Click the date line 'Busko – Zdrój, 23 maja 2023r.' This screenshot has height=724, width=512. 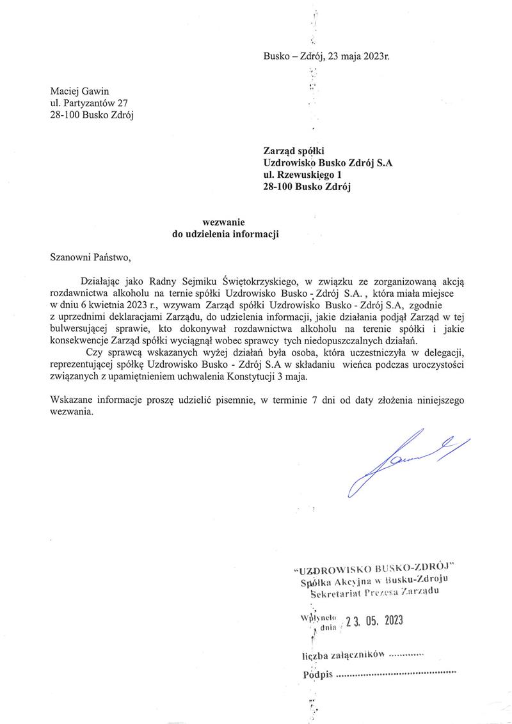click(326, 56)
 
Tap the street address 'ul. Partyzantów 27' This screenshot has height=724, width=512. click(89, 104)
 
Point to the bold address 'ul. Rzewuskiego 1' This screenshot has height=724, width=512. click(303, 175)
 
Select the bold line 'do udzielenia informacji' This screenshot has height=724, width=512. click(227, 234)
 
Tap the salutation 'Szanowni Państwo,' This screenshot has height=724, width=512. click(90, 258)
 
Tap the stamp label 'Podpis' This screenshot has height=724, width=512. click(317, 675)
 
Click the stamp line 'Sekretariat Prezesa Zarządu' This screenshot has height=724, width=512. click(374, 593)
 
